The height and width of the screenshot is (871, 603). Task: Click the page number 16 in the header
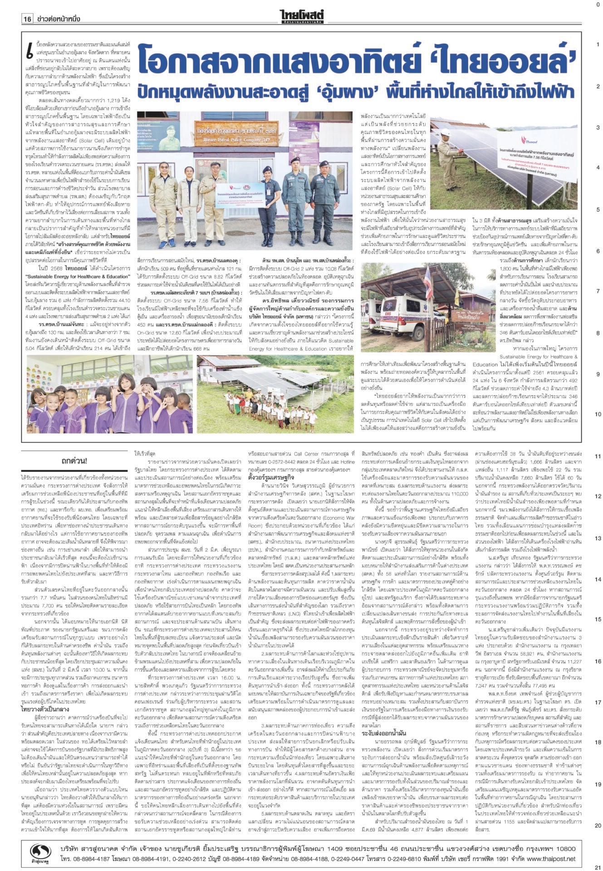[28, 19]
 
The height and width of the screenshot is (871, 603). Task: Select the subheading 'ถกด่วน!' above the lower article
[74, 462]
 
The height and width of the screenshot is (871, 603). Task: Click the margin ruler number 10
[598, 414]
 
